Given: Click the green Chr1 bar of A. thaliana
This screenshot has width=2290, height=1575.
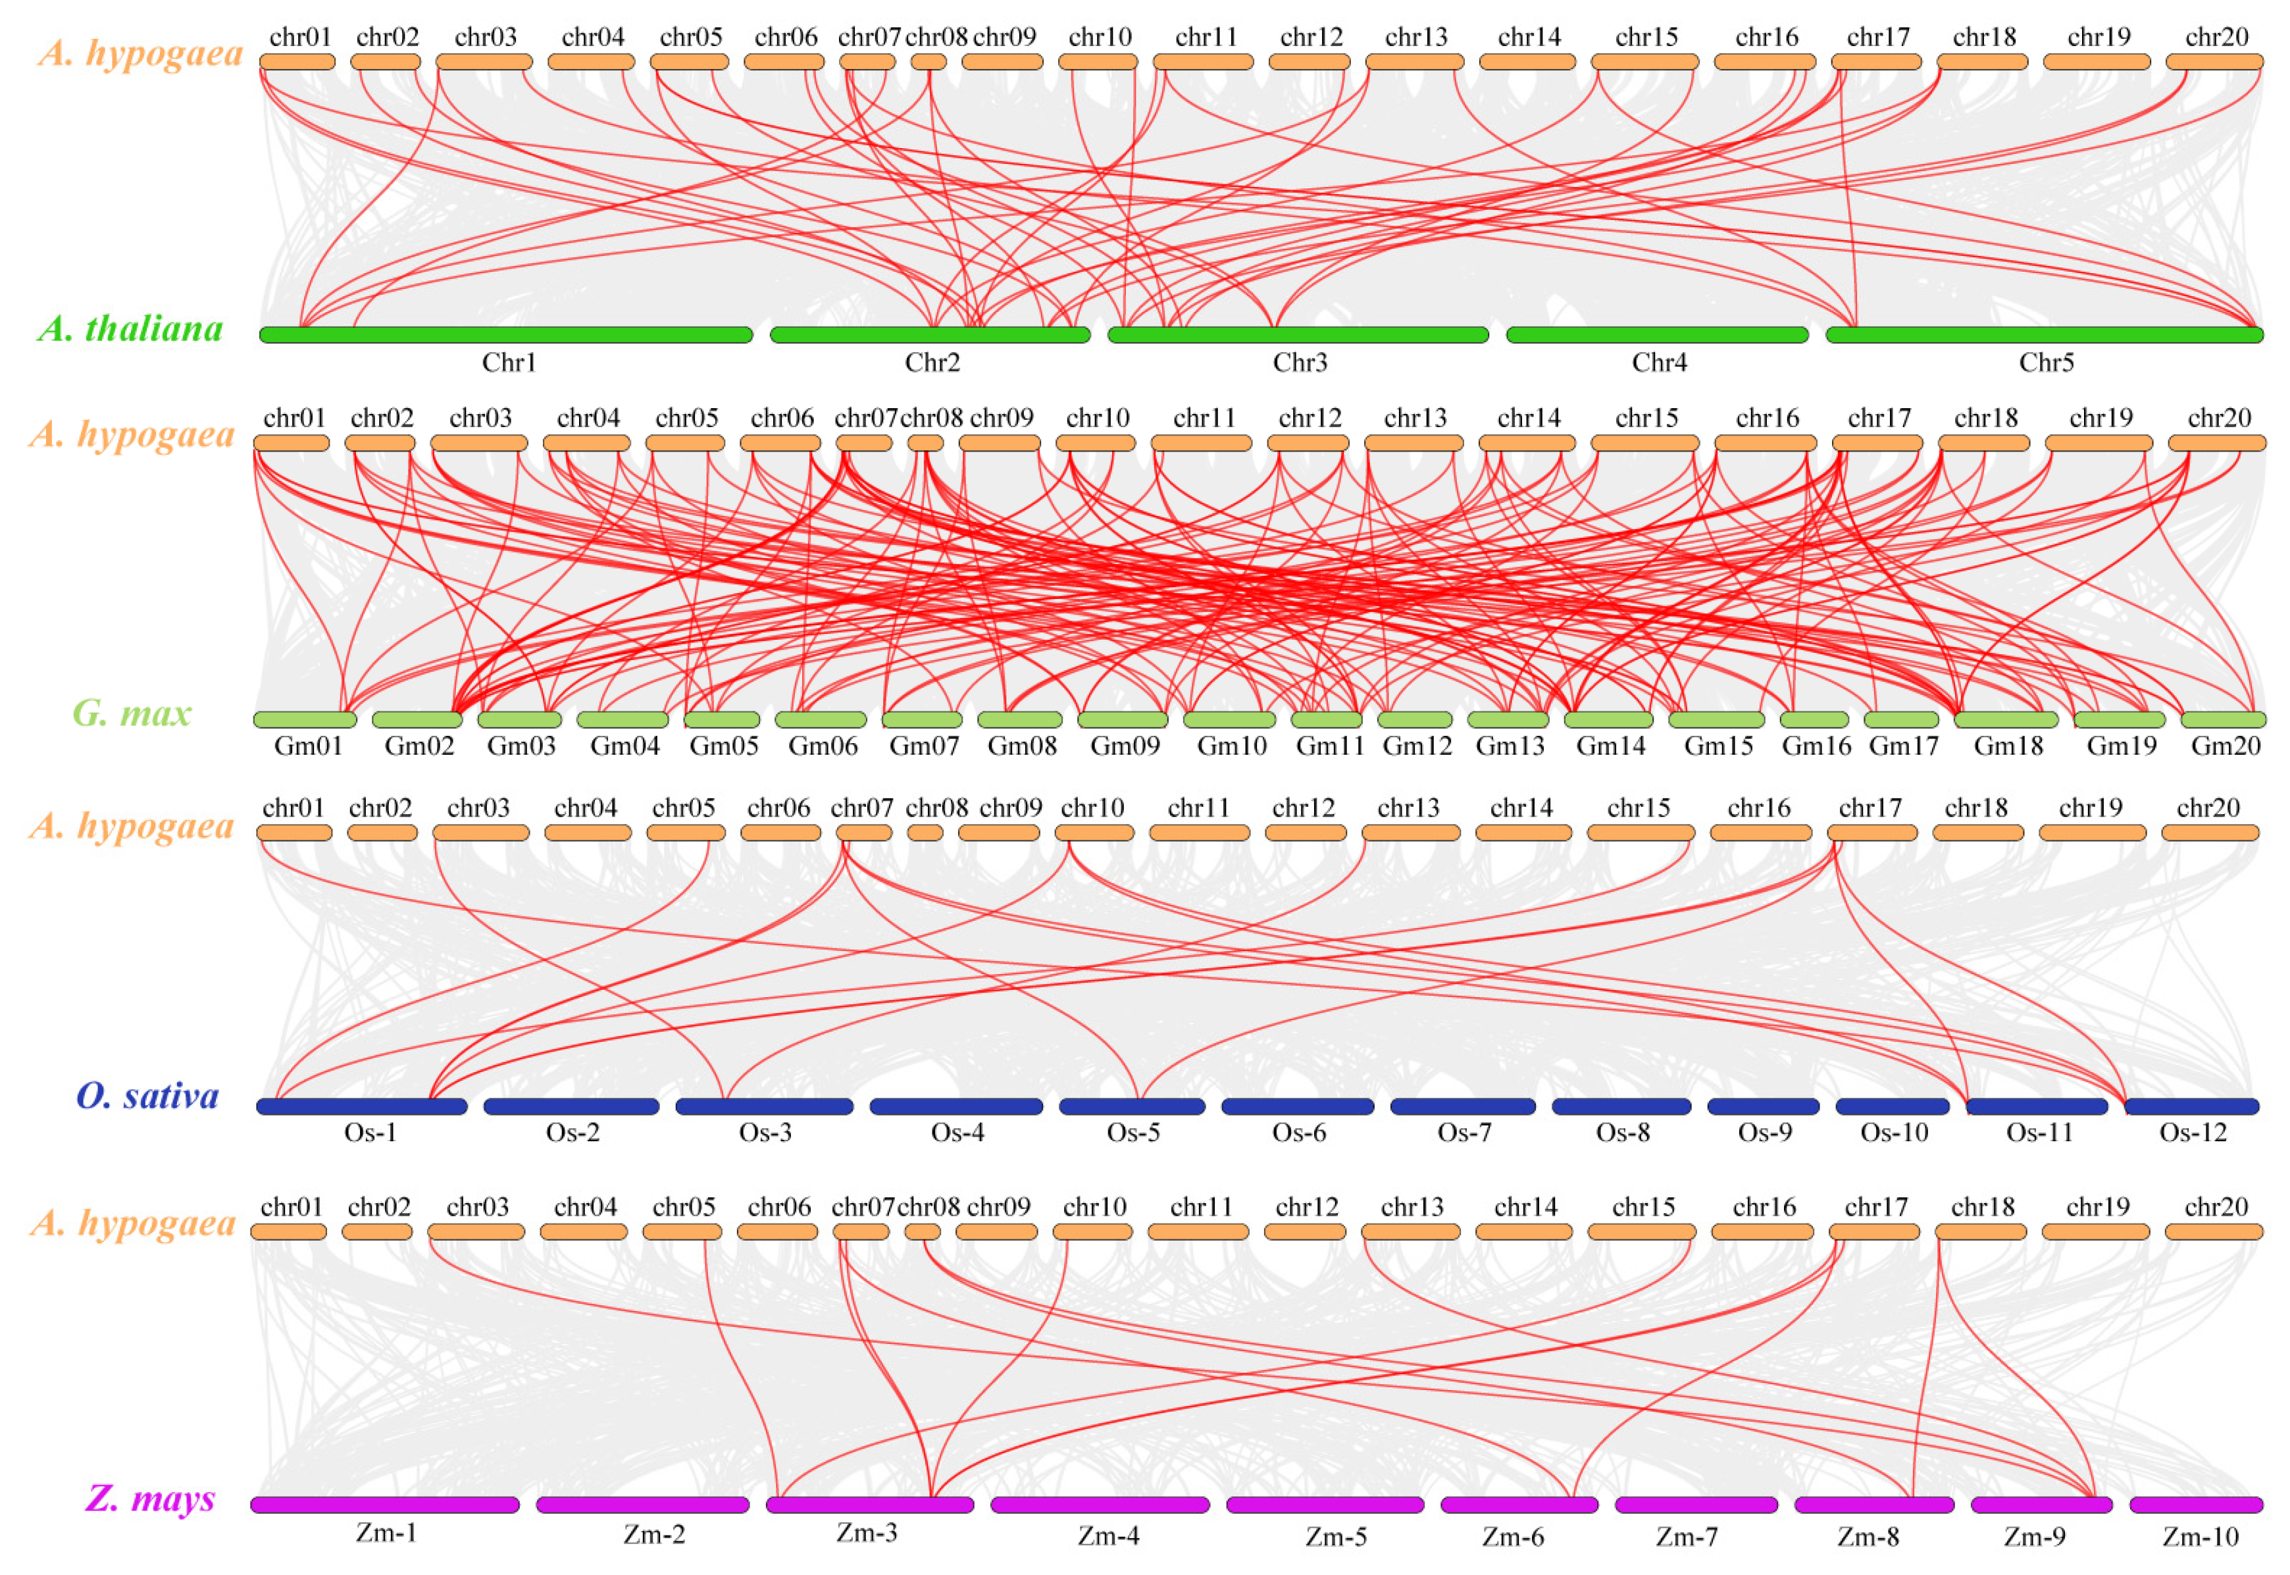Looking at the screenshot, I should coord(505,334).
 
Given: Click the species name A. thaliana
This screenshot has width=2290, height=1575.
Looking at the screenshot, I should coord(131,328).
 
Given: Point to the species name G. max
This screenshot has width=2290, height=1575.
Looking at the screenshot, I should coord(132,713).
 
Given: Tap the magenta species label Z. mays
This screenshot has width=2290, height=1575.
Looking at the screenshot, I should coord(150,1498).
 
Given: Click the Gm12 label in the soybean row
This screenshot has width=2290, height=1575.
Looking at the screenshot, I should coord(1417,746).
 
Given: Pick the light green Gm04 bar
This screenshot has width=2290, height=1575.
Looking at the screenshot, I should coord(623,719).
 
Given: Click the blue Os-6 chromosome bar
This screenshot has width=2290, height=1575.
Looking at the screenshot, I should coord(1298,1106).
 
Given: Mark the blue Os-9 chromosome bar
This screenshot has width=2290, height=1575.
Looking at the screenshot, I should coord(1763,1106).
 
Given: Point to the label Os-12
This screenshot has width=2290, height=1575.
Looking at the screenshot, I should coord(2193,1133).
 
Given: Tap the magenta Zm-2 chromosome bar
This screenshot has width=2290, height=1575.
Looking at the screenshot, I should coord(642,1505).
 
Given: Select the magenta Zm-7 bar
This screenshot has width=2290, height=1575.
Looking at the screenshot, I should coord(1696,1505).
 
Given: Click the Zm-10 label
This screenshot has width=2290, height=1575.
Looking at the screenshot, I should coord(2201,1537).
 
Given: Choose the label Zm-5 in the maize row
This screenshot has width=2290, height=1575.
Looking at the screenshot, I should coord(1336,1537).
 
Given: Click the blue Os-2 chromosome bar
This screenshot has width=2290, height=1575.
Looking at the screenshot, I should coord(571,1106).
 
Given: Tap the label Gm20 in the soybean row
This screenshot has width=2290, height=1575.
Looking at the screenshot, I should coord(2225,746).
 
